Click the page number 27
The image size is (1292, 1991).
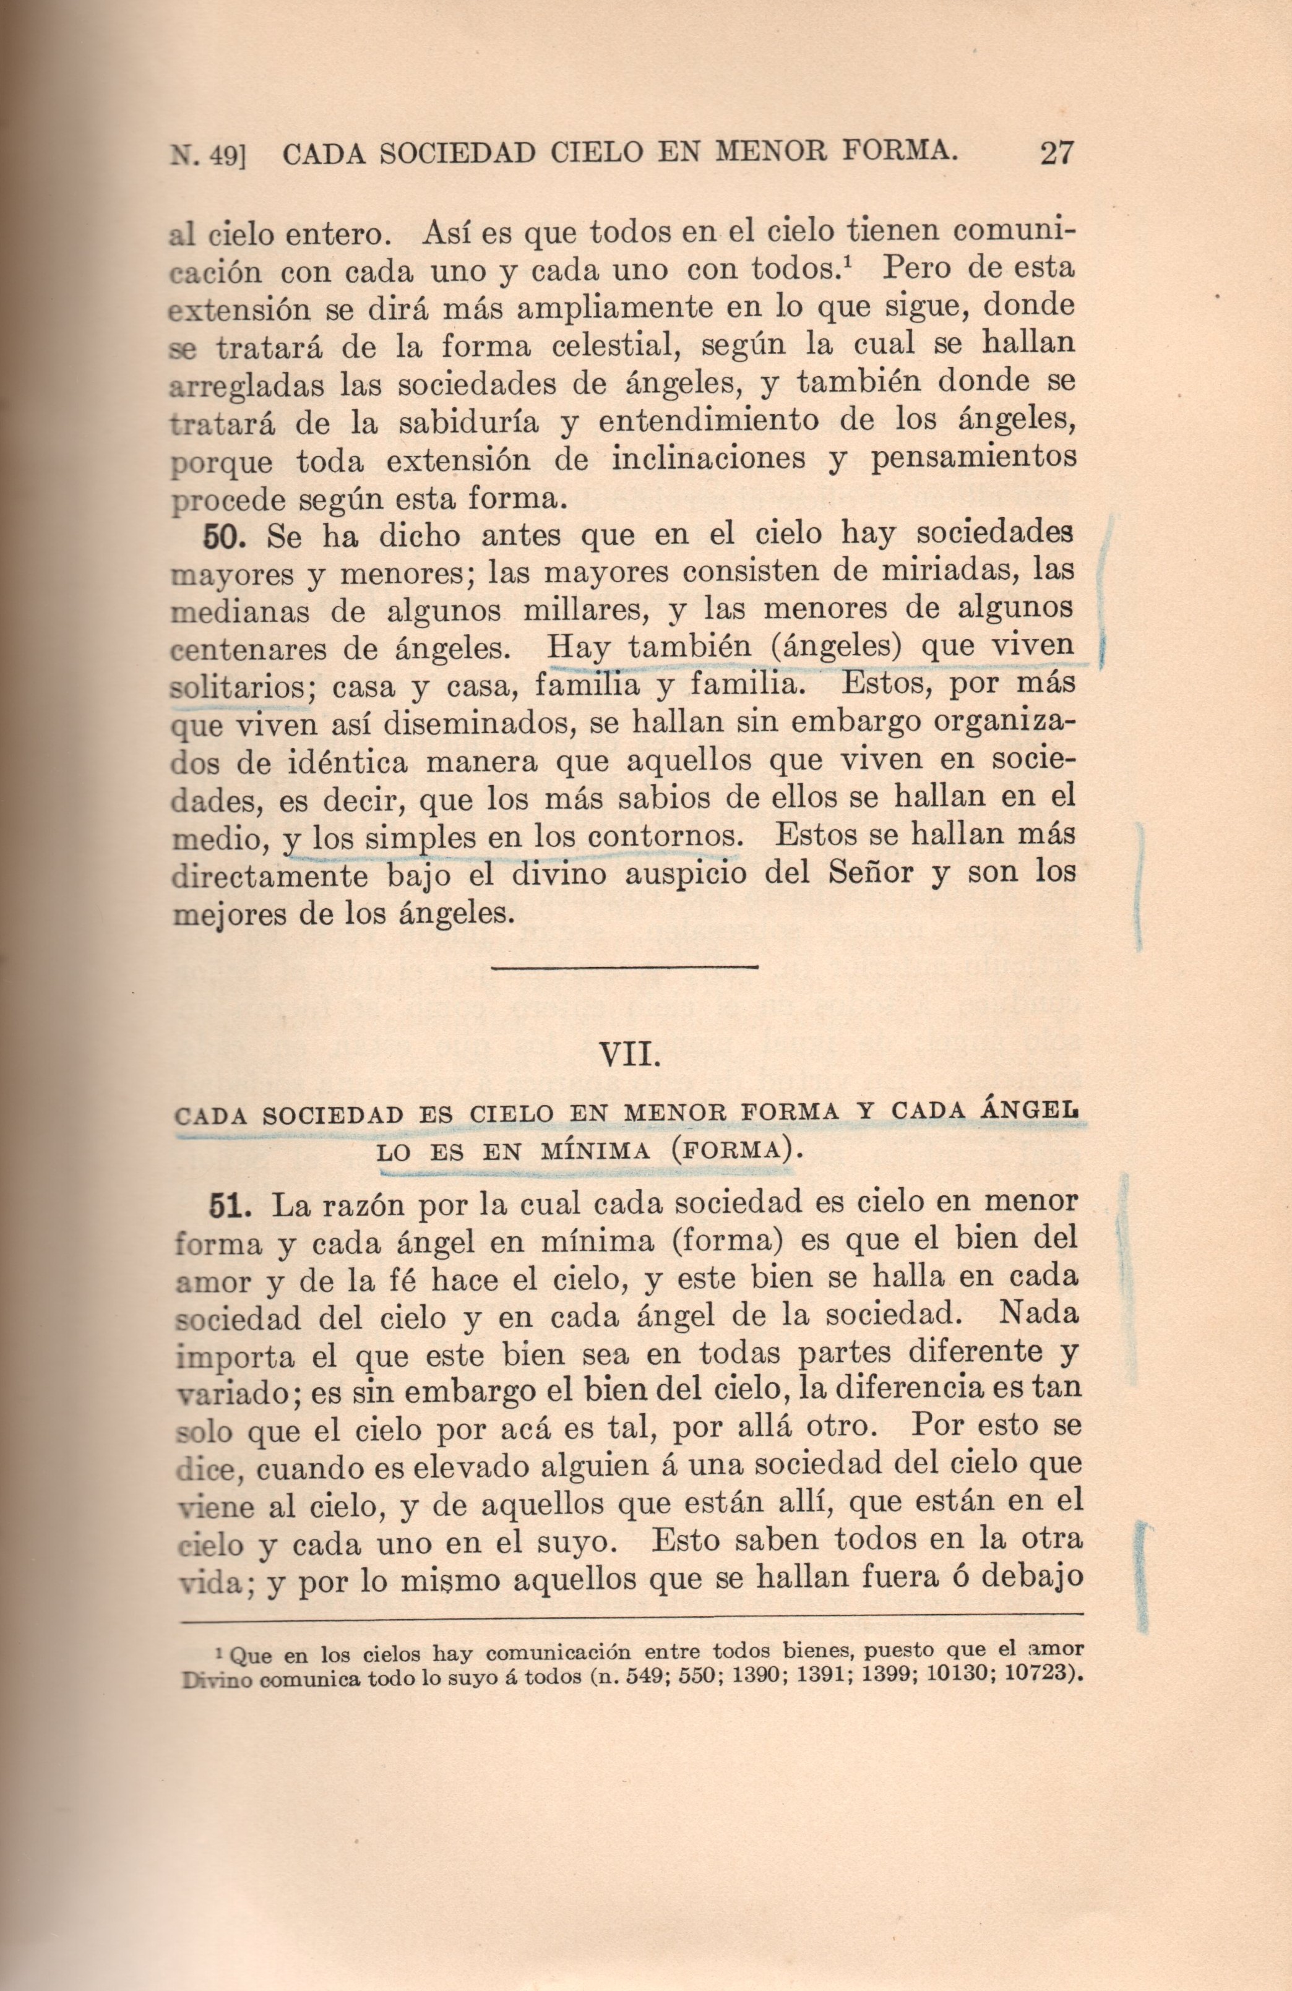(x=1056, y=153)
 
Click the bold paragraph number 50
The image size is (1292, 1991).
(x=223, y=536)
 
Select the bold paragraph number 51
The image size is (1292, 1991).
(x=225, y=1205)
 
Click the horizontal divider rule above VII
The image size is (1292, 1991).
(x=625, y=968)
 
